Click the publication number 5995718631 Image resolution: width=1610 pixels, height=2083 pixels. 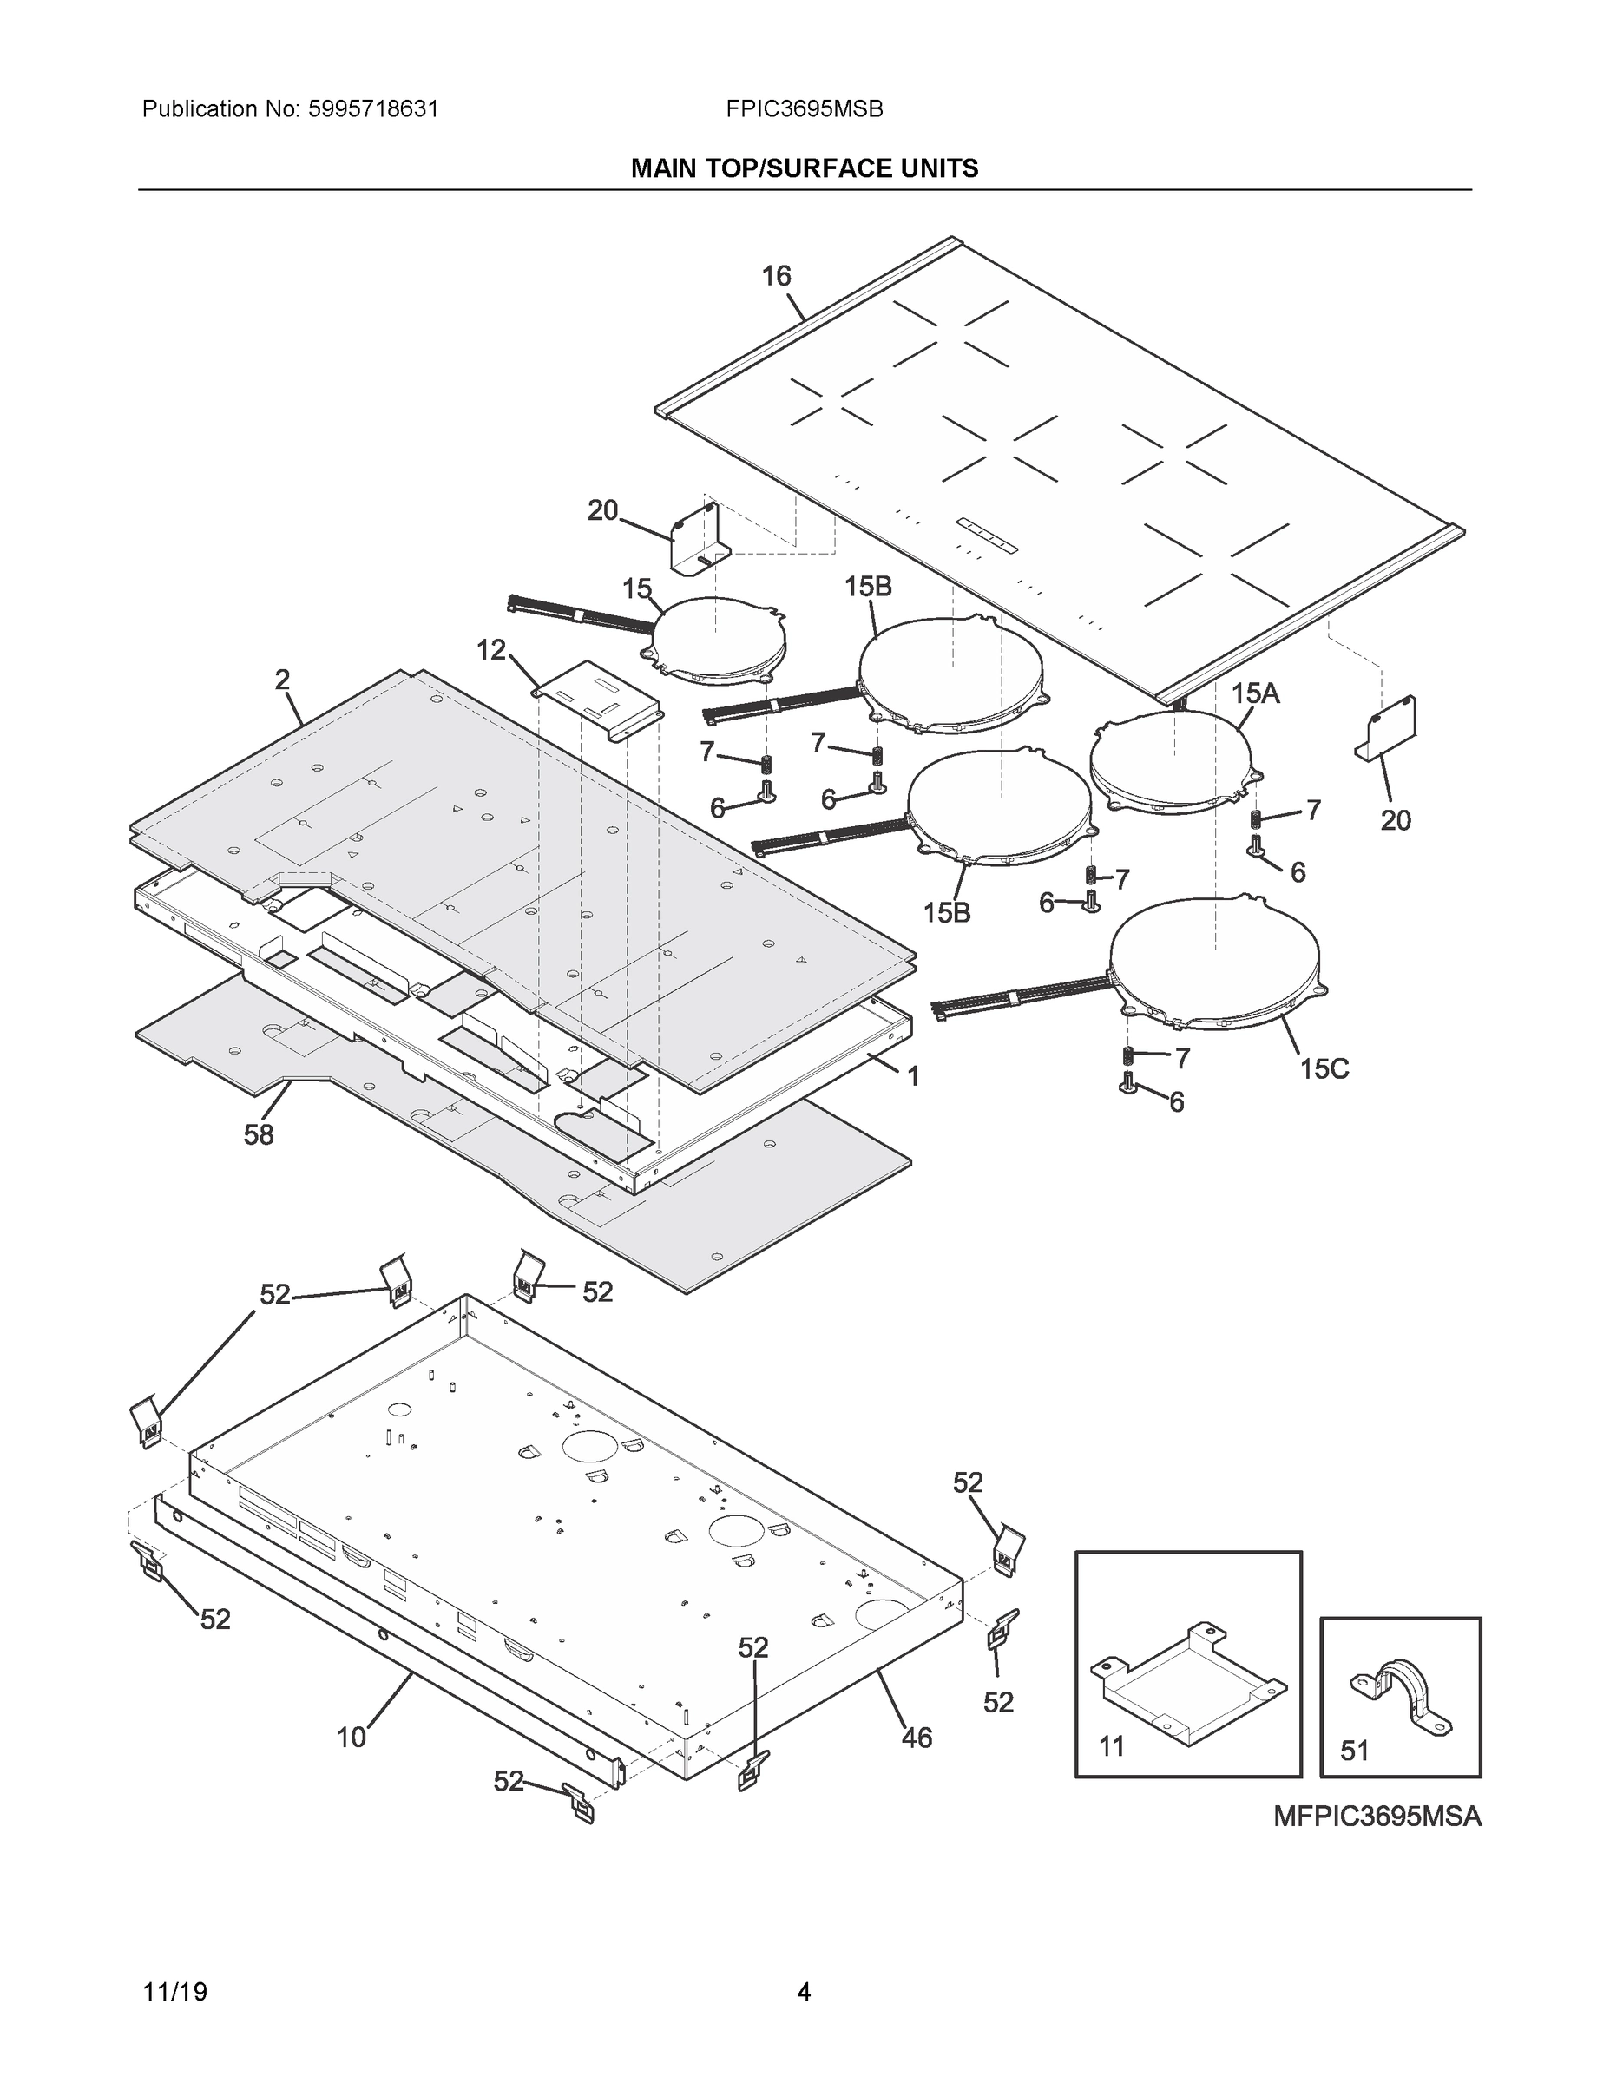coord(373,109)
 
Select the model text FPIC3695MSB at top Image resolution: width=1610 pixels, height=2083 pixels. coord(804,109)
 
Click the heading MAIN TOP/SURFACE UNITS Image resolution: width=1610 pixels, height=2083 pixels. coord(804,169)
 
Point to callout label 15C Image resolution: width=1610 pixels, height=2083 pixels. coord(1324,1069)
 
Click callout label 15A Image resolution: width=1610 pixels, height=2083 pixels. coord(1254,693)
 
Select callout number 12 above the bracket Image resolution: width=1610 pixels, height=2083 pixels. coord(490,650)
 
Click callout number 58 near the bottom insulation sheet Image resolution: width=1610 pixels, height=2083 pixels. coord(259,1135)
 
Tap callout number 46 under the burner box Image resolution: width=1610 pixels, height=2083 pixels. coord(917,1738)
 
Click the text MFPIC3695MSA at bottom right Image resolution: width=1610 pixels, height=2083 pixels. coord(1377,1816)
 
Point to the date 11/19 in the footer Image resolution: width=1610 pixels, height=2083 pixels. coord(174,1993)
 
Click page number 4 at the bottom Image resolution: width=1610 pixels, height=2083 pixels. coord(804,1993)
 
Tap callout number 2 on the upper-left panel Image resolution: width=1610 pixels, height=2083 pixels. coord(282,680)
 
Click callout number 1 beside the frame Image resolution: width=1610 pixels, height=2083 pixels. coord(913,1077)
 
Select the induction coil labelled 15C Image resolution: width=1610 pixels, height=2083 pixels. coord(1215,965)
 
